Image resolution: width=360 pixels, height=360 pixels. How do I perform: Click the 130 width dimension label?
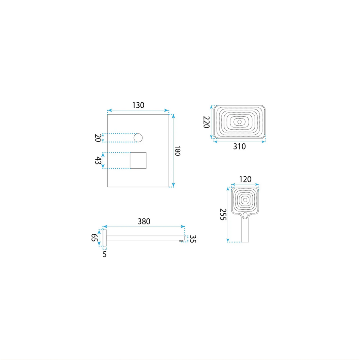(138, 105)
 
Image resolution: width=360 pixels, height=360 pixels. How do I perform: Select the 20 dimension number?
(98, 138)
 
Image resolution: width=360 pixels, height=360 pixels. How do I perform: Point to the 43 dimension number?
(98, 160)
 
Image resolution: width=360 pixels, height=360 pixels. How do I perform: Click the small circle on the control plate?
(138, 138)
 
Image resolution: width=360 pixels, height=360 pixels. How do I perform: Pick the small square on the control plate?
(138, 160)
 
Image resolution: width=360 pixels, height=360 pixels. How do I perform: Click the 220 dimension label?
(206, 122)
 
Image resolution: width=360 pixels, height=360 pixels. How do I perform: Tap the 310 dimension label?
(239, 147)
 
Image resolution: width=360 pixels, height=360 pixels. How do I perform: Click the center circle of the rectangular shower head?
(239, 122)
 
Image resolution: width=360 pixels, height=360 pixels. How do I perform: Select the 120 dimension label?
(245, 179)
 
